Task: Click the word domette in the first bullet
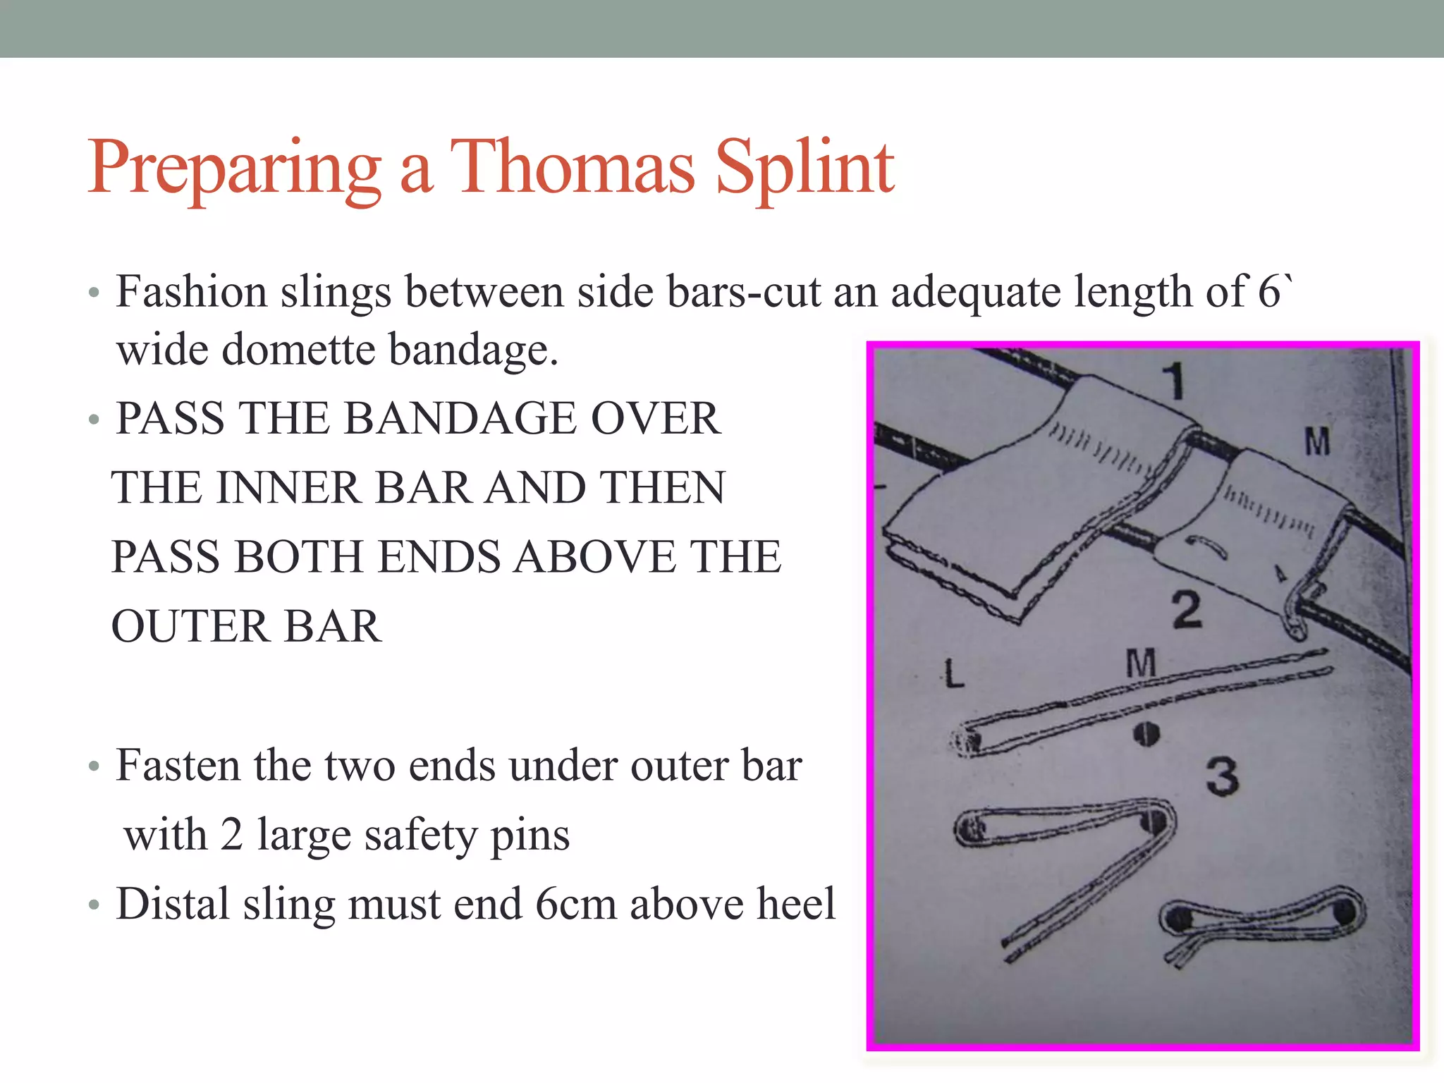pyautogui.click(x=298, y=350)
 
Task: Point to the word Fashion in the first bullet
pyautogui.click(x=191, y=292)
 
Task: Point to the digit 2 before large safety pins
pyautogui.click(x=231, y=836)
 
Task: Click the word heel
pyautogui.click(x=795, y=904)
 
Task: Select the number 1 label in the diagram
pyautogui.click(x=1175, y=381)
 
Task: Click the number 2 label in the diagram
pyautogui.click(x=1187, y=611)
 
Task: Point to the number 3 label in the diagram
pyautogui.click(x=1222, y=778)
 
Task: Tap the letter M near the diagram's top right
pyautogui.click(x=1317, y=442)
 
